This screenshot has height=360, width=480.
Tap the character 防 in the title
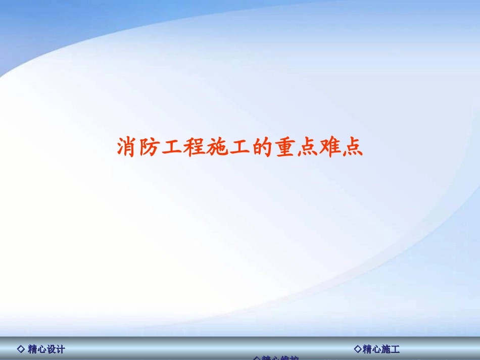coord(150,147)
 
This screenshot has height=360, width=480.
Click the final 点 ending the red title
coord(352,147)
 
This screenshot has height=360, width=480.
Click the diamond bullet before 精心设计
coord(21,349)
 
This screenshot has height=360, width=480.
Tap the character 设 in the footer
coord(51,349)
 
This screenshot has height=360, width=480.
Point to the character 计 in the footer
coord(61,349)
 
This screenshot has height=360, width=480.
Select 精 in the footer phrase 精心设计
coord(33,349)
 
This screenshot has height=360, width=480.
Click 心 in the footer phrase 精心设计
coord(42,349)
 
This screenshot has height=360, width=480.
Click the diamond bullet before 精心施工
coord(358,349)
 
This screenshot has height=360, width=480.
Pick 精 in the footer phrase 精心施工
coord(367,349)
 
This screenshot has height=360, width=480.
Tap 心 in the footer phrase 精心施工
coord(376,349)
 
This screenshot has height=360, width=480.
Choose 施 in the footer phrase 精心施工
coord(386,349)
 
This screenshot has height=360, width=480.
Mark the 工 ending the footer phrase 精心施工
coord(396,349)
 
